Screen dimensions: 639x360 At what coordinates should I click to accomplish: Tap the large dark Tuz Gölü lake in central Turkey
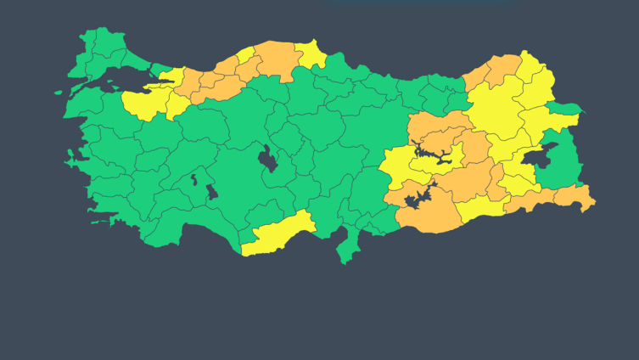click(269, 158)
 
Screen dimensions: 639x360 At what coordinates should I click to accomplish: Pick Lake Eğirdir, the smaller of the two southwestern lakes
click(194, 180)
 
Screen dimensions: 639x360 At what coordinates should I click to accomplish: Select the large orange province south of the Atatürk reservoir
click(424, 217)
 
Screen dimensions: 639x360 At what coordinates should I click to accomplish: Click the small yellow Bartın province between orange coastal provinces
click(246, 56)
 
